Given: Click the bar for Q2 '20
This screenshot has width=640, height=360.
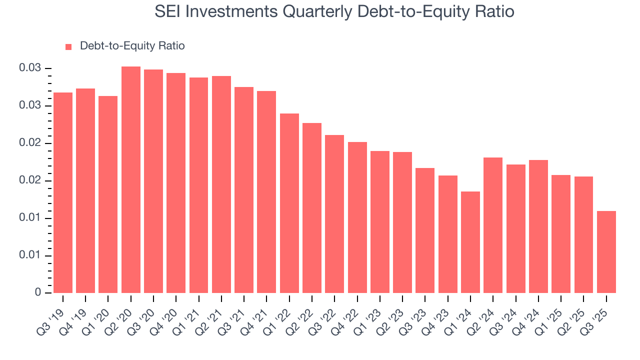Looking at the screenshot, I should pos(131,180).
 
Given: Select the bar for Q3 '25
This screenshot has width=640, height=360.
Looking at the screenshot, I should pos(606,252).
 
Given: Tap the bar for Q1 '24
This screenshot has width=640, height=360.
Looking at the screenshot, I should pos(470,242).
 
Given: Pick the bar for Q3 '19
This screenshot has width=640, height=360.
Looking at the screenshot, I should pos(63,193).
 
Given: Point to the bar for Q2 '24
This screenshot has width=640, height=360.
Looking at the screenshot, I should pos(493,225).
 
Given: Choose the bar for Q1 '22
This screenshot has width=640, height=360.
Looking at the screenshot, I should pos(289,203).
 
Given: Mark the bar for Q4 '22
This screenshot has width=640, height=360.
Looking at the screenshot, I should pos(357,217).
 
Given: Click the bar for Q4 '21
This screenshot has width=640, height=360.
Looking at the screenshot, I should pos(266,192).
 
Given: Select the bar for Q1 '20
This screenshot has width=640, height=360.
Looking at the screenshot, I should pos(108,194).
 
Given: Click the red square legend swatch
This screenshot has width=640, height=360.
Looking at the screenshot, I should pos(69,46).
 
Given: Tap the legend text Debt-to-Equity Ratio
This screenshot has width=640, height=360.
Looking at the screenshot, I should pos(132,46).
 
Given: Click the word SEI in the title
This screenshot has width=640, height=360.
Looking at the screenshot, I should pos(168,11).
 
